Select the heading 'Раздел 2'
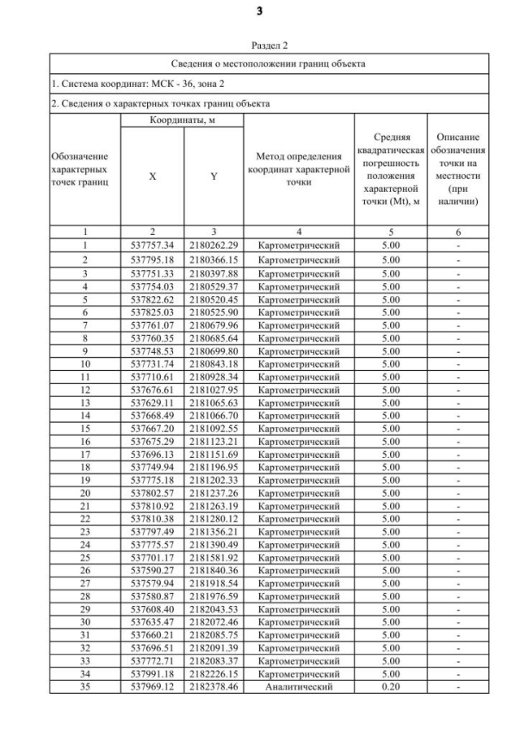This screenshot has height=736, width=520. tap(269, 46)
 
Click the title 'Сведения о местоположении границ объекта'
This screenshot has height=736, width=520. tap(269, 63)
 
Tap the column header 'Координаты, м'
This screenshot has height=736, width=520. tap(182, 120)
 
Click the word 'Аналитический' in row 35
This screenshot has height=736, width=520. tap(298, 687)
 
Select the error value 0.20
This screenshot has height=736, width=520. tap(391, 687)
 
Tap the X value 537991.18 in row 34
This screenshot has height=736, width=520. tap(153, 674)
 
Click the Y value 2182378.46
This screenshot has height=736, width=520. tap(214, 687)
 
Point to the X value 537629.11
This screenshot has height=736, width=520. tap(153, 403)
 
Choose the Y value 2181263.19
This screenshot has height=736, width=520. tap(214, 506)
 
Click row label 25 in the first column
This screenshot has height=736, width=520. tap(85, 558)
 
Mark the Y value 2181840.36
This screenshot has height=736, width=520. tap(214, 571)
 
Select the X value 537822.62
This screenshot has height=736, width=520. tap(153, 298)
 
